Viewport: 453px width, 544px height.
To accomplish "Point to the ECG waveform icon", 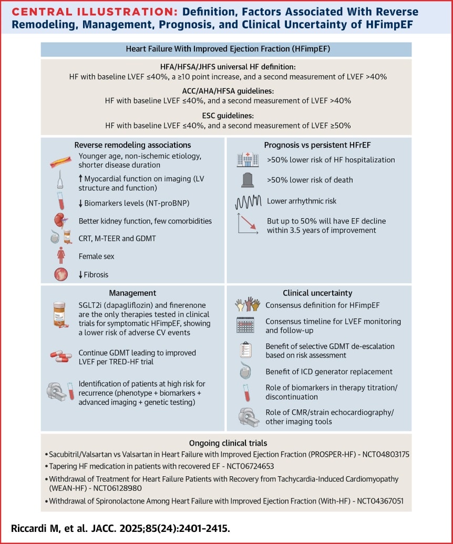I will tap(248, 201).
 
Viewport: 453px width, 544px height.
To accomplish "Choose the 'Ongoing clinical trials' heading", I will tap(226, 443).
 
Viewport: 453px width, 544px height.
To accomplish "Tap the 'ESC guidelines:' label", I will tap(226, 116).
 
